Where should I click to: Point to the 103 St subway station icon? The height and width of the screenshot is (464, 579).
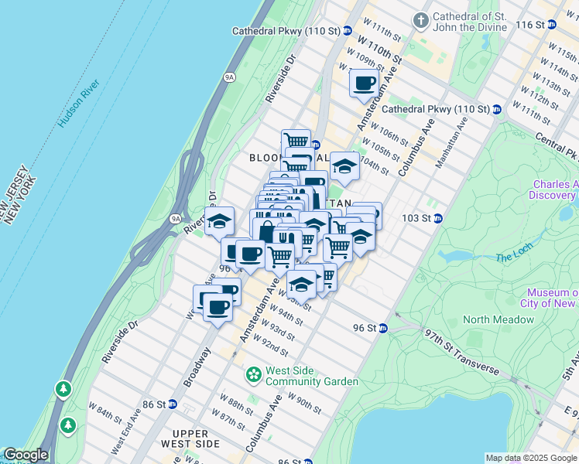437,218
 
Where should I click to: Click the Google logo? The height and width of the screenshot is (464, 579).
25,455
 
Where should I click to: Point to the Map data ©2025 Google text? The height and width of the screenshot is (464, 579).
530,458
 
